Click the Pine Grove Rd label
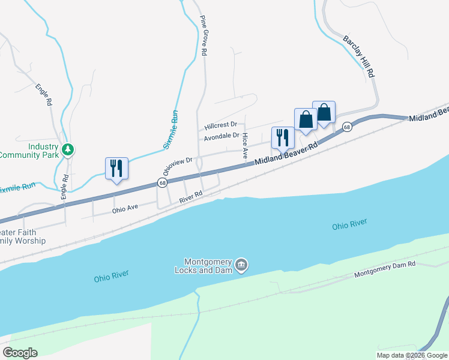click(203, 35)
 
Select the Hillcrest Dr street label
click(221, 126)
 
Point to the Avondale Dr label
click(221, 137)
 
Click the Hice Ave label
click(245, 146)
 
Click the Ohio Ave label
click(125, 208)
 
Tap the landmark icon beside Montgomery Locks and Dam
click(241, 264)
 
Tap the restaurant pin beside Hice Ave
click(282, 137)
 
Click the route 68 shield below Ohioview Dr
click(162, 182)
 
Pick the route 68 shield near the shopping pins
click(347, 127)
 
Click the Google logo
click(20, 352)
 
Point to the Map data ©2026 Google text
click(412, 355)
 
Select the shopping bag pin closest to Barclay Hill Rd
click(324, 112)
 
